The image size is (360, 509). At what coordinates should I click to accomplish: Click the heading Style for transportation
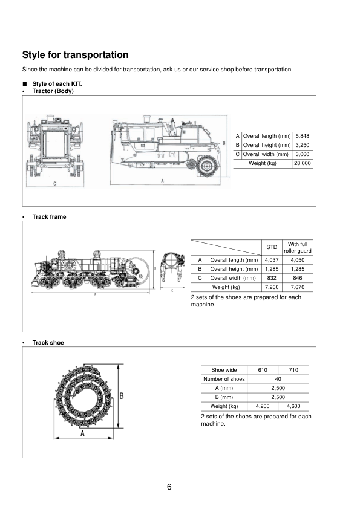point(75,55)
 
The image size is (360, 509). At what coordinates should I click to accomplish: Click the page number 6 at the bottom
point(169,487)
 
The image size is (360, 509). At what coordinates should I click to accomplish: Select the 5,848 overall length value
point(302,137)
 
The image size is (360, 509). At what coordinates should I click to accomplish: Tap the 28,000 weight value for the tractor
point(302,163)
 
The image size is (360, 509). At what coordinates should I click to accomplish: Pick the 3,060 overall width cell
point(302,154)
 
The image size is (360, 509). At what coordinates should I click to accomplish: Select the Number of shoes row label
point(224,379)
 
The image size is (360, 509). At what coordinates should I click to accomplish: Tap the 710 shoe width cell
point(293,370)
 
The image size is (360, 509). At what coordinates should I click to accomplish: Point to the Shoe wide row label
point(224,370)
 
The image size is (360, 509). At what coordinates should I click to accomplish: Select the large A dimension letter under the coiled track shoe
point(82,433)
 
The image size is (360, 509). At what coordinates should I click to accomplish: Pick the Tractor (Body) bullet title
point(53,91)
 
